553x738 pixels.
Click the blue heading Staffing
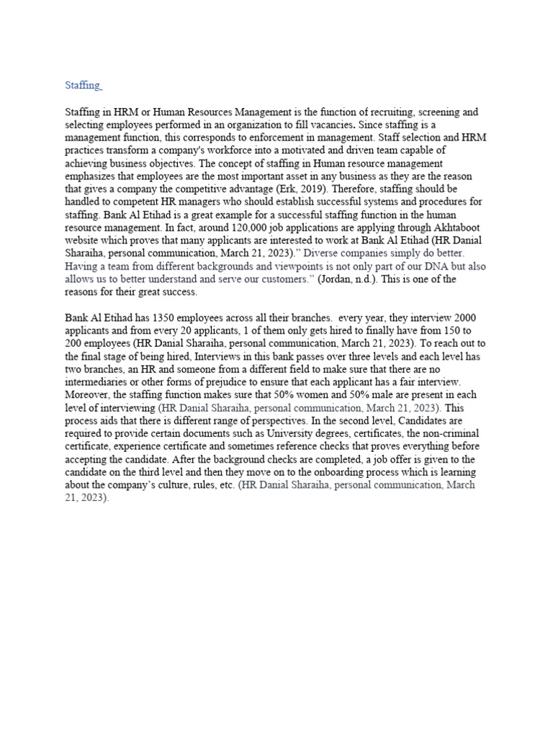tap(82, 86)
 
